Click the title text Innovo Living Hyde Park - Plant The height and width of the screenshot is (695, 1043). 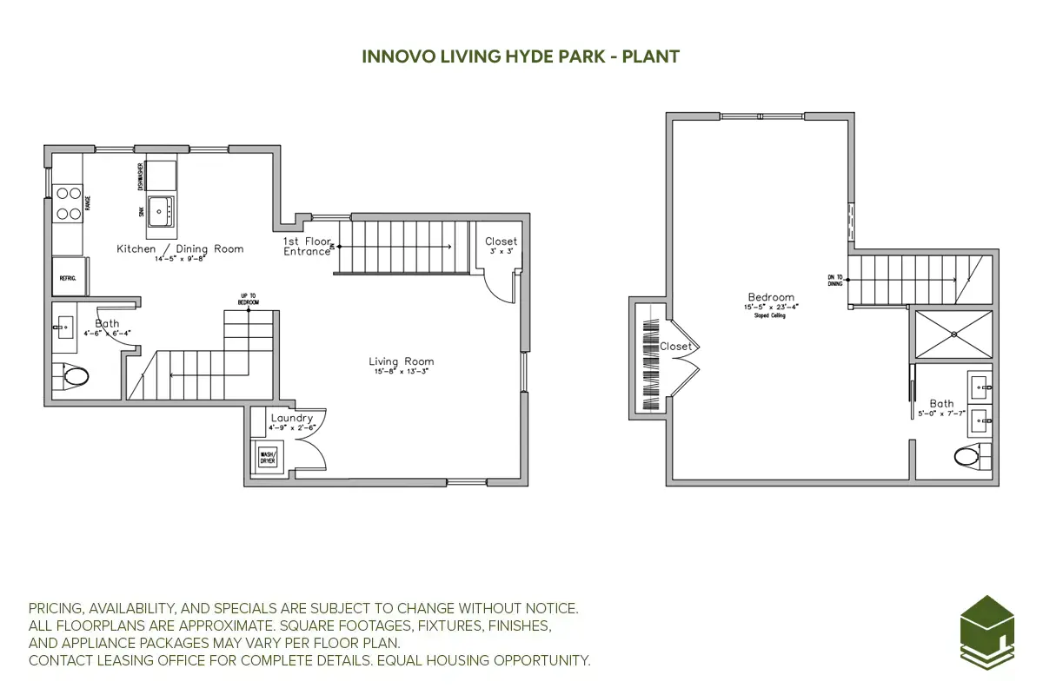(x=521, y=56)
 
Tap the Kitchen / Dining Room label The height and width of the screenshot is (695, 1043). (x=180, y=249)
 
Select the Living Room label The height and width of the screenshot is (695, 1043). (x=401, y=361)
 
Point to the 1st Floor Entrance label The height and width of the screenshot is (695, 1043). (x=307, y=247)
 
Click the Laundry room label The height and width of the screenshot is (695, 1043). (x=291, y=418)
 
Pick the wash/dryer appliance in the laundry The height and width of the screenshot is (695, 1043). (x=266, y=456)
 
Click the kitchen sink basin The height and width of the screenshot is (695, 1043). (x=160, y=209)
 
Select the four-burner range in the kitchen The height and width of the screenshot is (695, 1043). (x=69, y=203)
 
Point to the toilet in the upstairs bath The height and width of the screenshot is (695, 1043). (x=970, y=455)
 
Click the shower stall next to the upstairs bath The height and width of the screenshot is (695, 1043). (x=953, y=334)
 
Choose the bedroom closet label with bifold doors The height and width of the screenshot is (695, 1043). (x=675, y=347)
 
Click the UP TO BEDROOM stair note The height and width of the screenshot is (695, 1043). (x=248, y=301)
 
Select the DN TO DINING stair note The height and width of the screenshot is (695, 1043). (x=834, y=281)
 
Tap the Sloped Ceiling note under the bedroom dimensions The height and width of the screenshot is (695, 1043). (x=770, y=315)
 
